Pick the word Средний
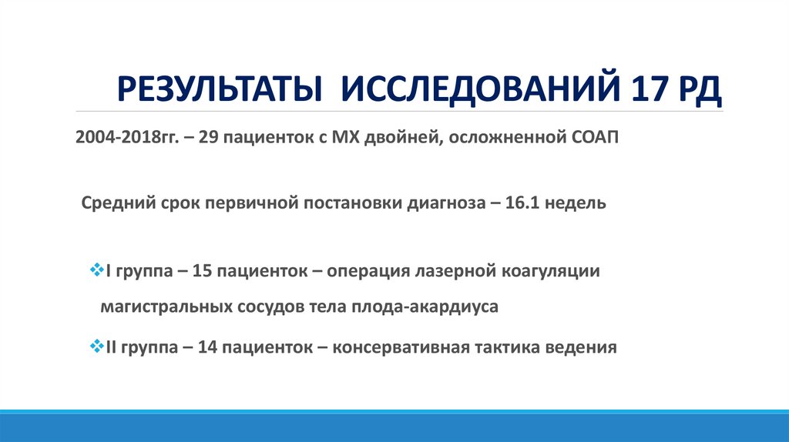[x=113, y=204]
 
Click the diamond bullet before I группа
[x=96, y=270]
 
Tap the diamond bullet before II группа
[x=96, y=346]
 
